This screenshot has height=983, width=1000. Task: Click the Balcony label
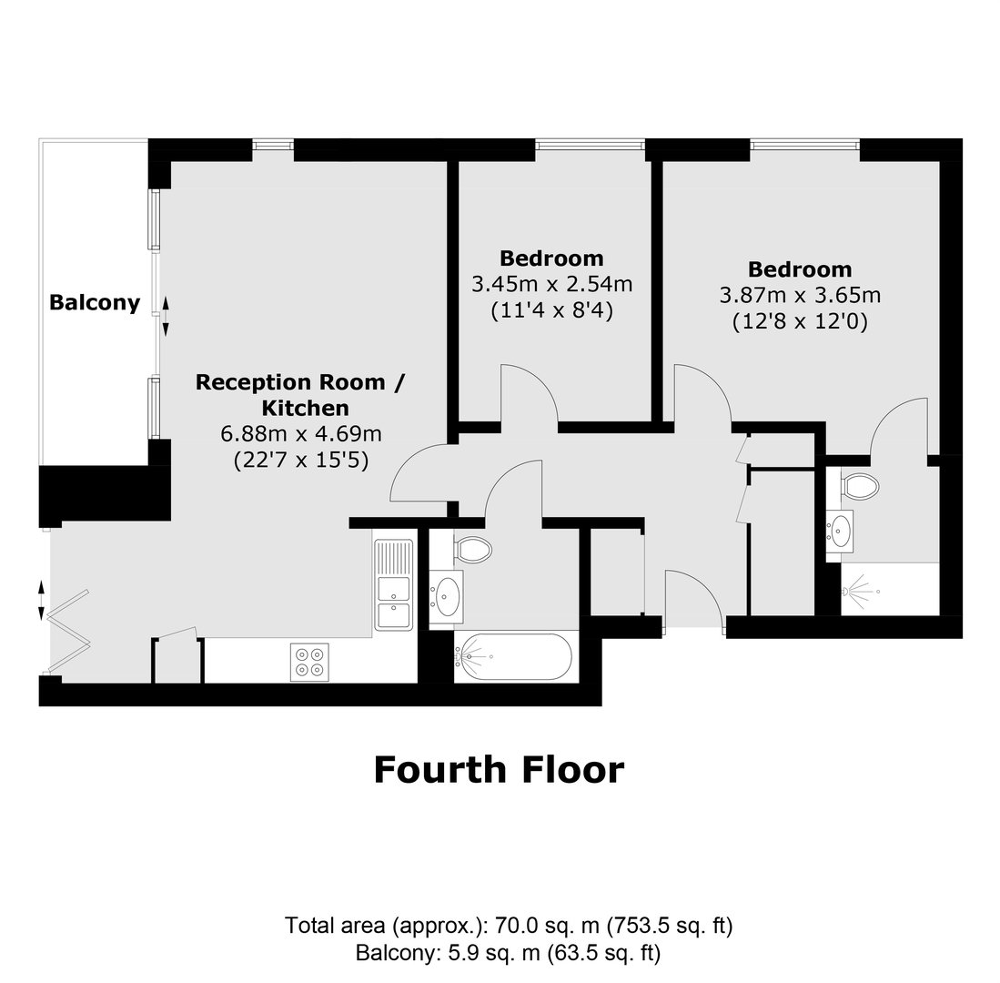[95, 302]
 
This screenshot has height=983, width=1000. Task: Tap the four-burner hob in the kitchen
[310, 662]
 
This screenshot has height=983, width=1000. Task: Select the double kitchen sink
[393, 584]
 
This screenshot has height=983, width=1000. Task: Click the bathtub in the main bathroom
[513, 656]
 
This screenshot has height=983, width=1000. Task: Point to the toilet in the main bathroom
[472, 549]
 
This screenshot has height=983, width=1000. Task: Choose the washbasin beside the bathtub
[447, 596]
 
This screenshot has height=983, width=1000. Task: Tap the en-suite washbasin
[840, 531]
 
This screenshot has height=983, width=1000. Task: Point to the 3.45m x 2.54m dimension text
[551, 284]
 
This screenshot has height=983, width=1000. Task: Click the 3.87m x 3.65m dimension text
[800, 295]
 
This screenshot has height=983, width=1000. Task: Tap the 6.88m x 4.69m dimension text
[301, 434]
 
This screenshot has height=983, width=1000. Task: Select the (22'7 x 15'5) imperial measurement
[301, 460]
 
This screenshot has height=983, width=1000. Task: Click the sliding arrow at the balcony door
[166, 317]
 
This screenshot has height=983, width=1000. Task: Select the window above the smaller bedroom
[590, 146]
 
